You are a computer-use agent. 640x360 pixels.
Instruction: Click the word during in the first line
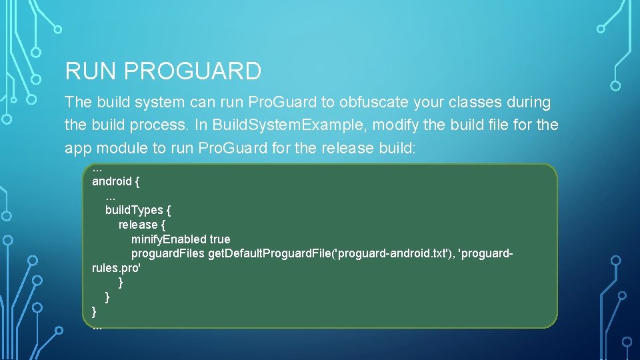point(529,103)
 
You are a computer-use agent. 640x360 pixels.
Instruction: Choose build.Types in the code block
point(134,210)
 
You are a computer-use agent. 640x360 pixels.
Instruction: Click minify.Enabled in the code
point(169,239)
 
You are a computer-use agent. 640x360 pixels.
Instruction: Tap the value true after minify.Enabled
point(220,239)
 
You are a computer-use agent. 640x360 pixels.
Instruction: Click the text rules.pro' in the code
point(116,269)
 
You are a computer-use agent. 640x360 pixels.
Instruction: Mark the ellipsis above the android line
point(97,168)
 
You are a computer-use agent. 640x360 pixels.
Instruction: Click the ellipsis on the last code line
point(97,326)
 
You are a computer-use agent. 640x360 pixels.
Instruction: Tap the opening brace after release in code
point(163,225)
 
